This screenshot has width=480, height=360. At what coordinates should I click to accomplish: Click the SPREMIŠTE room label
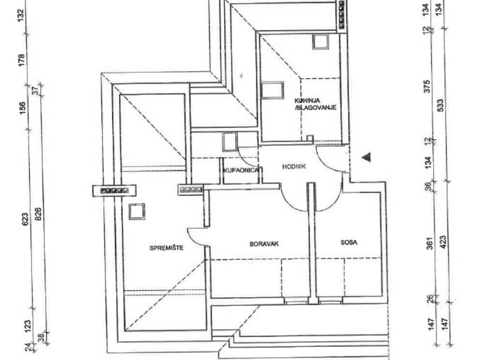click(x=166, y=247)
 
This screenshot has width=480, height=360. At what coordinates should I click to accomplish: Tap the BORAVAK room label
click(x=264, y=244)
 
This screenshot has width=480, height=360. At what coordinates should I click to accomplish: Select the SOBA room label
click(x=349, y=242)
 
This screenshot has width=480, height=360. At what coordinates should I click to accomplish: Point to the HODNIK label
click(x=294, y=166)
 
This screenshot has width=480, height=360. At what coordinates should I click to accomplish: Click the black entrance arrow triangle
click(x=367, y=157)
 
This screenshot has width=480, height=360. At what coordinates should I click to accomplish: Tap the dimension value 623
click(x=25, y=219)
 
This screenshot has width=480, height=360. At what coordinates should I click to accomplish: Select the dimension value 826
click(x=38, y=214)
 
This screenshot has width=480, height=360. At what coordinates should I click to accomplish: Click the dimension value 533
click(x=442, y=105)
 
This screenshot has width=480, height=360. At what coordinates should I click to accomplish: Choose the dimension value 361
click(x=430, y=243)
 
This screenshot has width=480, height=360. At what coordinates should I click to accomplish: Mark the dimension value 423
click(x=443, y=242)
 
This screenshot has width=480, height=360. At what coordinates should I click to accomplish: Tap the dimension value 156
click(x=22, y=108)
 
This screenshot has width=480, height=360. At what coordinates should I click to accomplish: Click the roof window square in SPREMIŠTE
click(x=137, y=211)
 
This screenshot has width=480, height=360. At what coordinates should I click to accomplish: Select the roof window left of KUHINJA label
click(x=272, y=90)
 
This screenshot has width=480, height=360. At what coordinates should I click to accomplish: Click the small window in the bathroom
click(x=230, y=142)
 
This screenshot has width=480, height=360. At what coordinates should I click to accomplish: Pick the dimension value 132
click(x=20, y=15)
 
